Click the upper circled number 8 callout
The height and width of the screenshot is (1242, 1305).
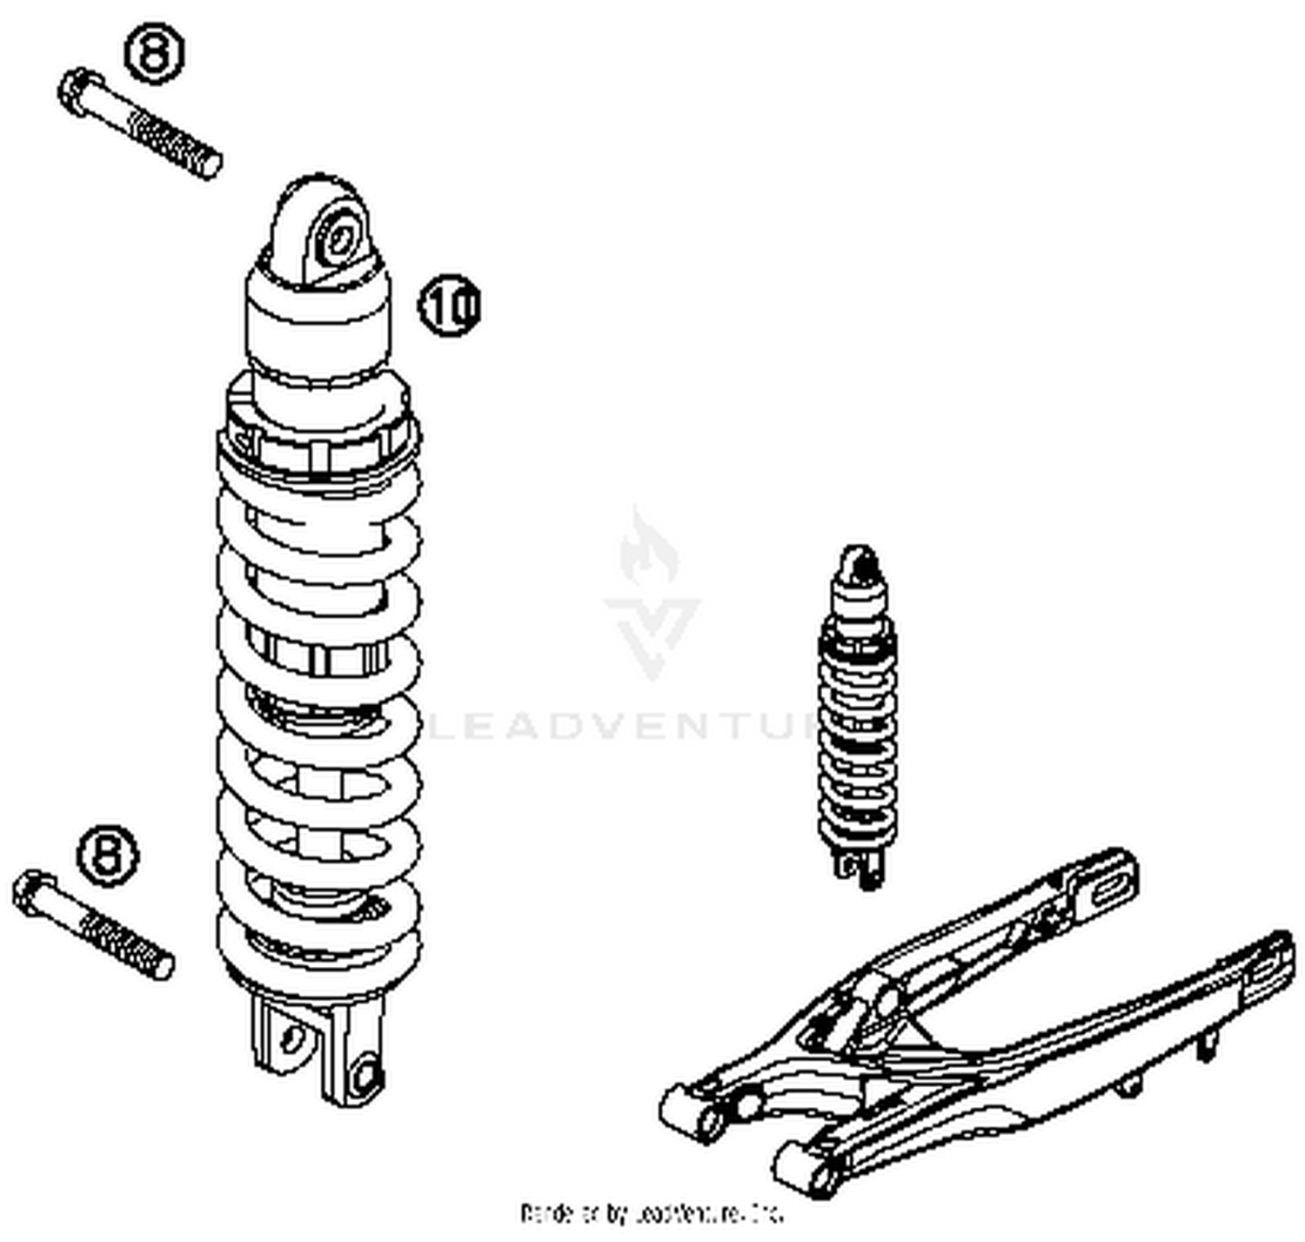tap(155, 54)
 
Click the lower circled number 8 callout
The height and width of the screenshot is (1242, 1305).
tap(109, 855)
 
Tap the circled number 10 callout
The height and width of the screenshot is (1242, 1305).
tap(451, 305)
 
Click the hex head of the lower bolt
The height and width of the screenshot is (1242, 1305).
tap(33, 892)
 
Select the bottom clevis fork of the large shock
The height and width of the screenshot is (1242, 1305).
tap(322, 1049)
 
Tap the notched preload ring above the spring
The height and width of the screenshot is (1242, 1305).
tap(318, 431)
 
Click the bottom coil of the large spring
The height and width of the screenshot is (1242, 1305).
tap(318, 957)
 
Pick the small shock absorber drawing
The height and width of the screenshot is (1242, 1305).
tap(857, 714)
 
